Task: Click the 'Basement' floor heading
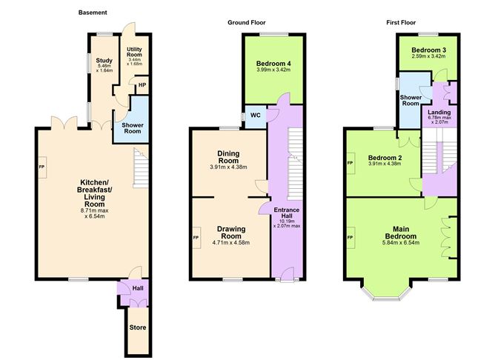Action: (93, 13)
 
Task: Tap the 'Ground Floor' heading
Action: (245, 22)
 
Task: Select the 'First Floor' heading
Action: (401, 22)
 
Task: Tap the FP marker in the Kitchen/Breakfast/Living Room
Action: (41, 166)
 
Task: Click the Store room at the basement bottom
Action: (138, 327)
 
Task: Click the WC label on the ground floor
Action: (254, 116)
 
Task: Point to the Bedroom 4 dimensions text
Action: (273, 71)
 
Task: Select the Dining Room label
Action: (228, 156)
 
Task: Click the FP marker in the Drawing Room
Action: (196, 238)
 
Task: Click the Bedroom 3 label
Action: (428, 49)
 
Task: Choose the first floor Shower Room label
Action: (411, 100)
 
